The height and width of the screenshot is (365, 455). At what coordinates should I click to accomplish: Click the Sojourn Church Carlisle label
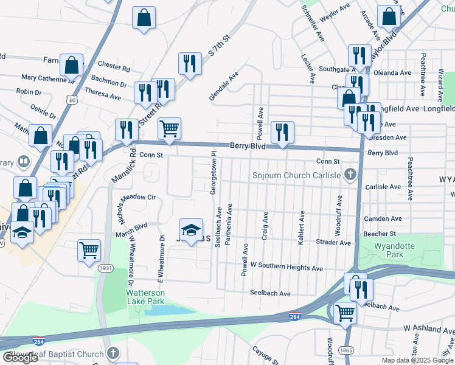[296, 176]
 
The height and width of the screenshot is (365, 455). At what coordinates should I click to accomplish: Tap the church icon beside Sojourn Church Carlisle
[350, 176]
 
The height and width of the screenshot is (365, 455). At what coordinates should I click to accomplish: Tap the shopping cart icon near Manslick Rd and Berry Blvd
[169, 128]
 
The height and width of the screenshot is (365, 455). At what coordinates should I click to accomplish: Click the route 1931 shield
[106, 268]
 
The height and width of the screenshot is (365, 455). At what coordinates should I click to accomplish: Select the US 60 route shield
[72, 100]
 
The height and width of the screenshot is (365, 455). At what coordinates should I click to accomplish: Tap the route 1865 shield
[348, 351]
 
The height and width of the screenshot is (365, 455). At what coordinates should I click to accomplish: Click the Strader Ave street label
[333, 243]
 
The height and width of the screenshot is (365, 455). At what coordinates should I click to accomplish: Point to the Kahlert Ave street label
[301, 228]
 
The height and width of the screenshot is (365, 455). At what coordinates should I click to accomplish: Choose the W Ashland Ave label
[428, 329]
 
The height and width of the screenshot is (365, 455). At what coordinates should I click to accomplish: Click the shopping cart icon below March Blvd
[89, 250]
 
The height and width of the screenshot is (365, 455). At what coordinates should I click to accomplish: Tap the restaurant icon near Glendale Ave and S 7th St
[190, 63]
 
